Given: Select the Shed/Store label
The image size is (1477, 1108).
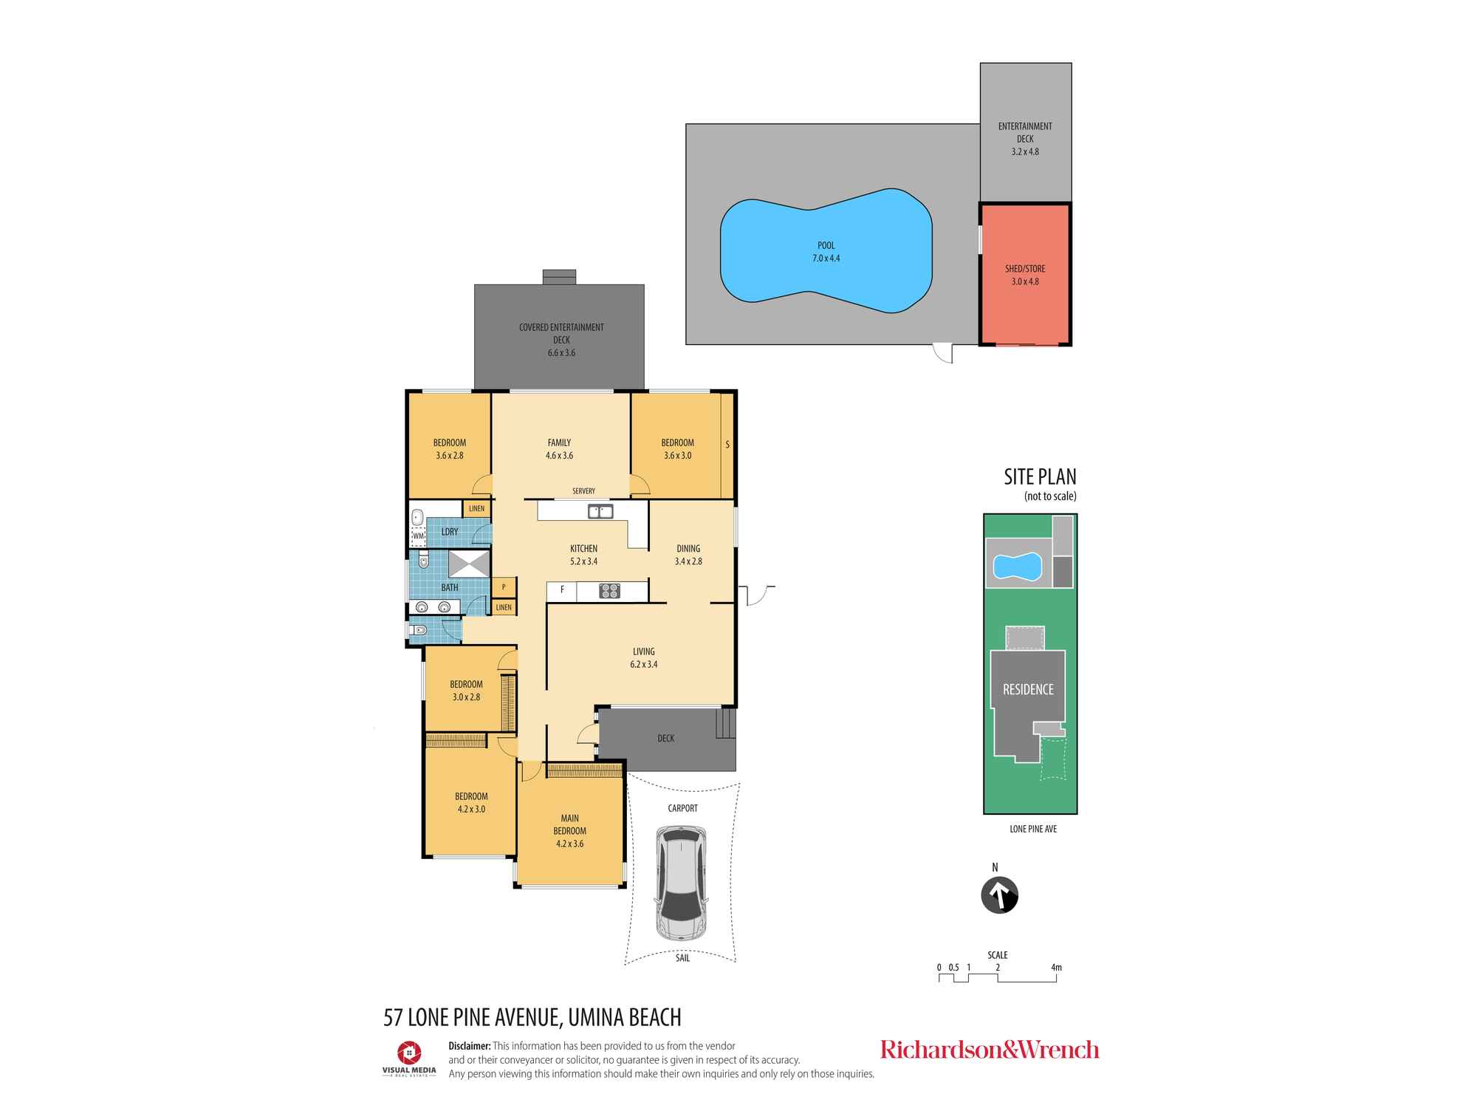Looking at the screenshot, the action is click(x=1025, y=275).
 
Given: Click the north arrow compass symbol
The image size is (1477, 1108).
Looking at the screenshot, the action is click(x=999, y=895).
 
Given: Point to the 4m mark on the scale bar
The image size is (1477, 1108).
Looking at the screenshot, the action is click(x=1056, y=968).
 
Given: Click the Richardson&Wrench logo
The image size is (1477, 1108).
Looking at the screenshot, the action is click(x=990, y=1050).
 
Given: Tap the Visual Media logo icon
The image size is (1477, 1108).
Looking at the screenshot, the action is click(x=409, y=1051).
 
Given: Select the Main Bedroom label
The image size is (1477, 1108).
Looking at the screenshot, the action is click(x=569, y=831).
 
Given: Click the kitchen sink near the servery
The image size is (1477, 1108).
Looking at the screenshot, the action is click(x=600, y=511).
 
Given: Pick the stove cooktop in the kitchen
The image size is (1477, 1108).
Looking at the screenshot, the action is click(x=609, y=590).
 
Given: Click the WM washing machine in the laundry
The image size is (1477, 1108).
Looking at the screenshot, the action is click(x=419, y=536).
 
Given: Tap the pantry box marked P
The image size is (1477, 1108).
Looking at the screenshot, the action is click(x=504, y=587).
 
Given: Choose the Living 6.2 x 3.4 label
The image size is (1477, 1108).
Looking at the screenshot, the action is click(x=644, y=658).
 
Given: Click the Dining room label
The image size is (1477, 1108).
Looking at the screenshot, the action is click(x=688, y=549).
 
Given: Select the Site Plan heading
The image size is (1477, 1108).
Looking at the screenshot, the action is click(x=1040, y=477).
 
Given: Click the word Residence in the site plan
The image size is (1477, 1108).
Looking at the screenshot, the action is click(x=1028, y=689).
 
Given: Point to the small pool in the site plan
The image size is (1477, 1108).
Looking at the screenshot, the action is click(x=1018, y=567).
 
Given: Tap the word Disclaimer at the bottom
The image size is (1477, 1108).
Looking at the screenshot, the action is click(x=470, y=1046).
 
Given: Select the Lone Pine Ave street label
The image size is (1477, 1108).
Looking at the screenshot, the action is click(x=1033, y=829).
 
